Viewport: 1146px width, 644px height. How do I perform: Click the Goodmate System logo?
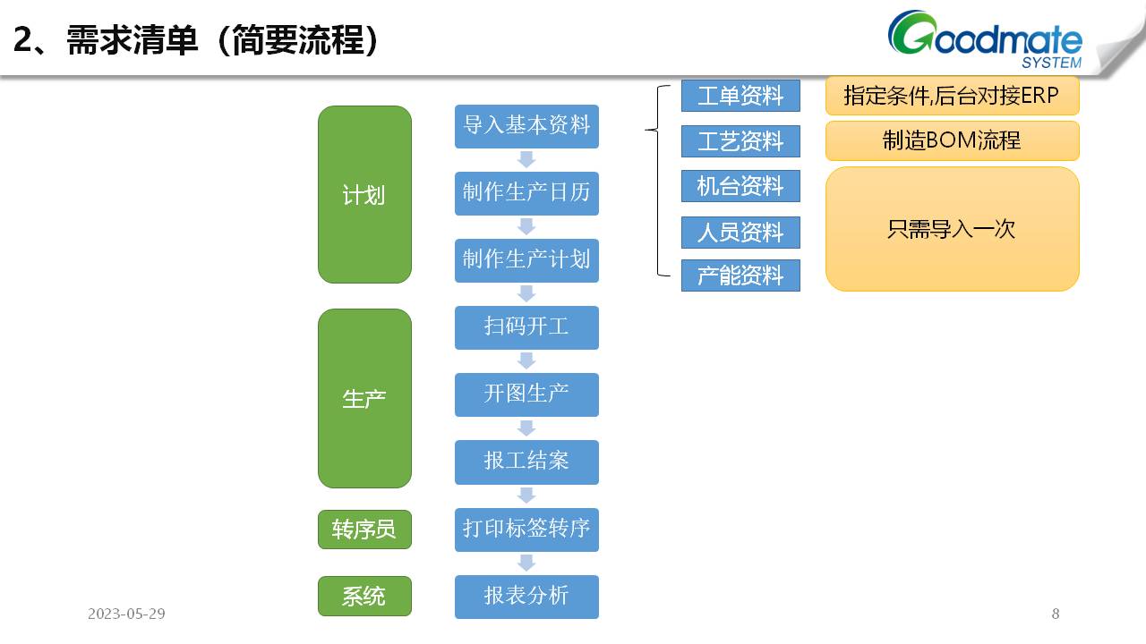pyautogui.click(x=985, y=40)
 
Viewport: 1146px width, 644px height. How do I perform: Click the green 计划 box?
pyautogui.click(x=364, y=194)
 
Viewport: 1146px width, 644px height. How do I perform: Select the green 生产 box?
pyautogui.click(x=364, y=398)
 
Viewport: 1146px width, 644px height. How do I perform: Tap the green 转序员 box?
pyautogui.click(x=364, y=530)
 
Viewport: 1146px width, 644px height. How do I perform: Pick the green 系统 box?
pyautogui.click(x=364, y=596)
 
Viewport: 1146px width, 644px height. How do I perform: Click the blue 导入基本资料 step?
pyautogui.click(x=526, y=126)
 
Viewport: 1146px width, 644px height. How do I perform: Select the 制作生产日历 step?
pyautogui.click(x=526, y=193)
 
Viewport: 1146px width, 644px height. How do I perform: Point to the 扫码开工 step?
pyautogui.click(x=526, y=327)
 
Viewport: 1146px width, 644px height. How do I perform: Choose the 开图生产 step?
pyautogui.click(x=526, y=394)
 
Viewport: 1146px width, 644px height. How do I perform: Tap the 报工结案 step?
pyautogui.click(x=526, y=462)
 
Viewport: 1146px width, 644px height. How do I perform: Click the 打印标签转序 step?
pyautogui.click(x=526, y=529)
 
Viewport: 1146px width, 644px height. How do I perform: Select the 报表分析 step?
pyautogui.click(x=526, y=597)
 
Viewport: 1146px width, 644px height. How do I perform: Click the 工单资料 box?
pyautogui.click(x=740, y=96)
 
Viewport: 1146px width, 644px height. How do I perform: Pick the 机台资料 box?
pyautogui.click(x=740, y=186)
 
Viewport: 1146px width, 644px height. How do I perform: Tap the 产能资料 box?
pyautogui.click(x=740, y=275)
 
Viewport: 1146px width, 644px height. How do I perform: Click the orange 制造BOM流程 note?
pyautogui.click(x=952, y=140)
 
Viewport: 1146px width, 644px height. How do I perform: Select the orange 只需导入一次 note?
pyautogui.click(x=952, y=229)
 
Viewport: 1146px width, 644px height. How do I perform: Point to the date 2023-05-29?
pyautogui.click(x=126, y=614)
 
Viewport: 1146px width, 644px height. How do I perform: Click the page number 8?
pyautogui.click(x=1056, y=614)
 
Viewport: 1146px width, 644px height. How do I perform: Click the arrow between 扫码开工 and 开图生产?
pyautogui.click(x=526, y=360)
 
